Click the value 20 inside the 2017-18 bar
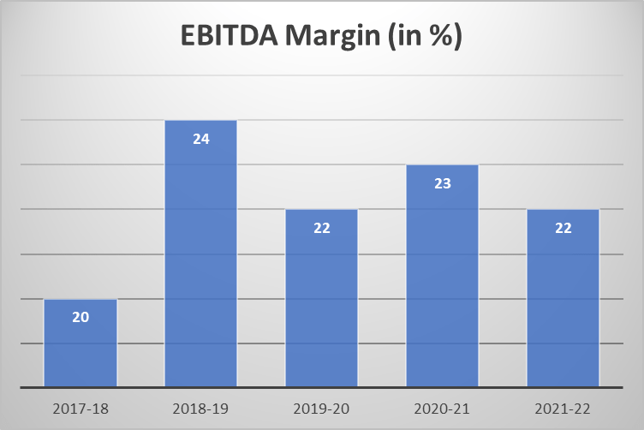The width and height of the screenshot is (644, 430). tap(80, 317)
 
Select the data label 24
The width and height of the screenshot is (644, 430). tap(201, 138)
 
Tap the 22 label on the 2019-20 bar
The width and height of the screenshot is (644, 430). tap(322, 228)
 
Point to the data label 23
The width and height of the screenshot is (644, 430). tap(443, 183)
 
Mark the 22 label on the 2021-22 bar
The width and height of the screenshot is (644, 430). tap(563, 228)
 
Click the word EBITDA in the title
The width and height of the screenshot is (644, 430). tap(227, 39)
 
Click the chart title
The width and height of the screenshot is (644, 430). tap(322, 39)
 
